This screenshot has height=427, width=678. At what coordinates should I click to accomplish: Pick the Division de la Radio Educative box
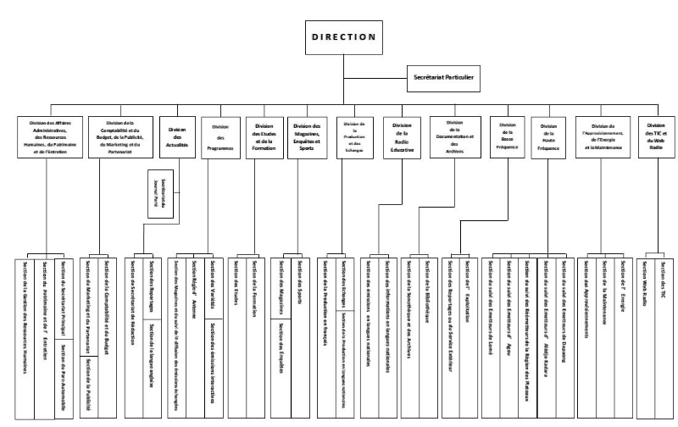(x=403, y=138)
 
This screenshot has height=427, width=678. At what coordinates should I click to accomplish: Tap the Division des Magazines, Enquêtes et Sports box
(x=308, y=138)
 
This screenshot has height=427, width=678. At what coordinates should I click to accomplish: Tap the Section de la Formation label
(x=254, y=289)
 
